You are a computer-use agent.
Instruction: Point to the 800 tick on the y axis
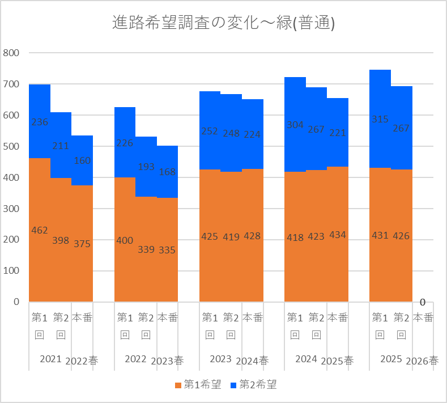11,53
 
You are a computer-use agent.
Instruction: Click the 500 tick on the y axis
11,146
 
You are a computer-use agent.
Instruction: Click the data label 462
40,230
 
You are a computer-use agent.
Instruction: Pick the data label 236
40,122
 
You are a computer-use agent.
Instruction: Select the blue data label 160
82,160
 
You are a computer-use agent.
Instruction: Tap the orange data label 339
146,249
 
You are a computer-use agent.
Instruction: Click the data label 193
146,167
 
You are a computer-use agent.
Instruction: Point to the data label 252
210,131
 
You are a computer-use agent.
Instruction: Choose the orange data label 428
252,236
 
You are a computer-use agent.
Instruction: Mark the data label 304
295,125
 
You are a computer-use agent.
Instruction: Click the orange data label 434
338,235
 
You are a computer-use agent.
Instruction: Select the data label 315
380,119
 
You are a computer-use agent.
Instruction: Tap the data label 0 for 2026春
423,302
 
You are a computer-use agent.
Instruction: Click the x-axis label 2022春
82,361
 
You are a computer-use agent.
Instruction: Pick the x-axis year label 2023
220,359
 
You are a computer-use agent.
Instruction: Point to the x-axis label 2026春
422,361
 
